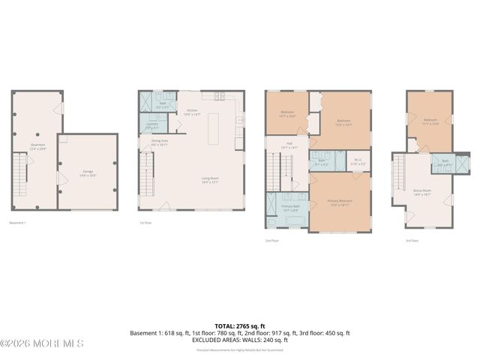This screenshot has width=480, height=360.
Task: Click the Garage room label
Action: pyautogui.click(x=88, y=173)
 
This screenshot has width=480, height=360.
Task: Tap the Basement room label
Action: pyautogui.click(x=37, y=146)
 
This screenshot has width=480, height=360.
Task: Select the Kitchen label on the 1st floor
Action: pyautogui.click(x=193, y=112)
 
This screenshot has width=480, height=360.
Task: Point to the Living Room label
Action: pyautogui.click(x=209, y=180)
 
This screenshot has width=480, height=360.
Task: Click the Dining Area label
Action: pyautogui.click(x=159, y=142)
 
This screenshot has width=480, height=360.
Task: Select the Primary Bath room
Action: pyautogui.click(x=289, y=208)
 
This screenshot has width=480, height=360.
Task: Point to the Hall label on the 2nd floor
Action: pyautogui.click(x=289, y=146)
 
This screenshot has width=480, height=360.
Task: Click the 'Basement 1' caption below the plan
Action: pyautogui.click(x=18, y=223)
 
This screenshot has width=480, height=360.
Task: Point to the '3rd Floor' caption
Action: pyautogui.click(x=412, y=241)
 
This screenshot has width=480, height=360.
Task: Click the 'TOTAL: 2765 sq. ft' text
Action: pyautogui.click(x=240, y=326)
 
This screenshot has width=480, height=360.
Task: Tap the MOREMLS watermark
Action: pyautogui.click(x=42, y=343)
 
